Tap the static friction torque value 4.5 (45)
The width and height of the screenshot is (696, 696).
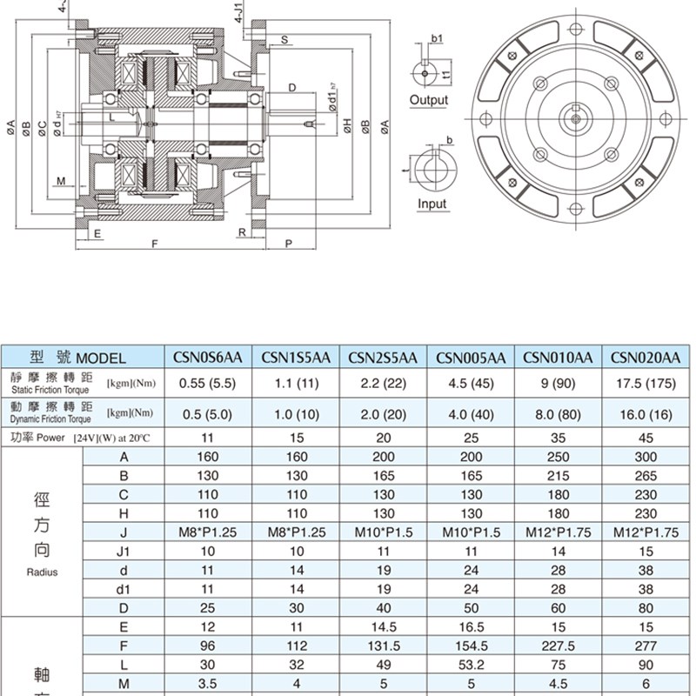(471, 383)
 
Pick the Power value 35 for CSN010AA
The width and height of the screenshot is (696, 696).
(558, 438)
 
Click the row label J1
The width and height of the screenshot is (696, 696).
(123, 552)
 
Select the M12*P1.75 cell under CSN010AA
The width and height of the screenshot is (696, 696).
(558, 532)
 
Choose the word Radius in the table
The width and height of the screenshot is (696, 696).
(41, 572)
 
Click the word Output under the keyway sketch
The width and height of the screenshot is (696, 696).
(428, 100)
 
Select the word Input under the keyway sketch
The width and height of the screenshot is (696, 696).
(432, 204)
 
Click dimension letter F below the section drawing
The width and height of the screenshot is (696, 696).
(154, 244)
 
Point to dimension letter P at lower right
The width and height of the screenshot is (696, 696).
(287, 244)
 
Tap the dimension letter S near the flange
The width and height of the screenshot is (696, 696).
(284, 40)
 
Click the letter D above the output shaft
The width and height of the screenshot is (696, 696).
(292, 87)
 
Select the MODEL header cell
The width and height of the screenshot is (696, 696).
(83, 358)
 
